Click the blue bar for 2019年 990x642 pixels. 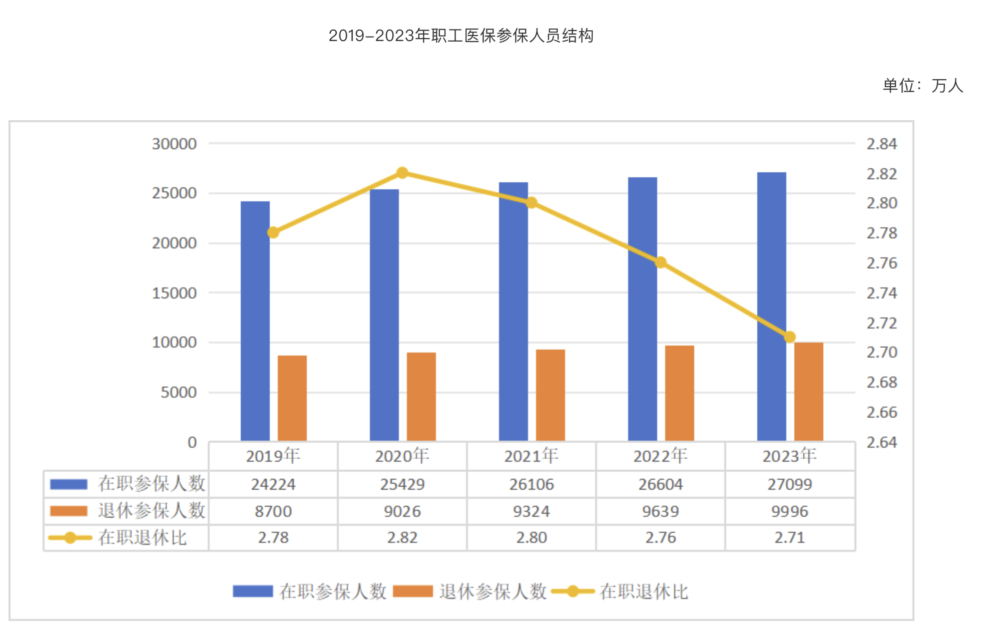pyautogui.click(x=255, y=320)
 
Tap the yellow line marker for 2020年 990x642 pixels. pyautogui.click(x=402, y=173)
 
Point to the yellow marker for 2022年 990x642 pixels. pyautogui.click(x=661, y=262)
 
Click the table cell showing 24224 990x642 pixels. pyautogui.click(x=273, y=484)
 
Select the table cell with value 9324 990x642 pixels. pyautogui.click(x=532, y=511)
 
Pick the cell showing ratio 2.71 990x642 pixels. pyautogui.click(x=790, y=538)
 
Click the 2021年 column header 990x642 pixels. pyautogui.click(x=531, y=456)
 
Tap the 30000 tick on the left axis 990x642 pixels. pyautogui.click(x=174, y=144)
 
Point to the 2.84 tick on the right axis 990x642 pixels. pyautogui.click(x=882, y=144)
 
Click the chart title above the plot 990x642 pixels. pyautogui.click(x=461, y=36)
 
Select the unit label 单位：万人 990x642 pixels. pyautogui.click(x=923, y=86)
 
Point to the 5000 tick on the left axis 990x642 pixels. pyautogui.click(x=179, y=393)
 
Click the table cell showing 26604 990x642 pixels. pyautogui.click(x=661, y=484)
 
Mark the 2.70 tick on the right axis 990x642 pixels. pyautogui.click(x=882, y=353)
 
